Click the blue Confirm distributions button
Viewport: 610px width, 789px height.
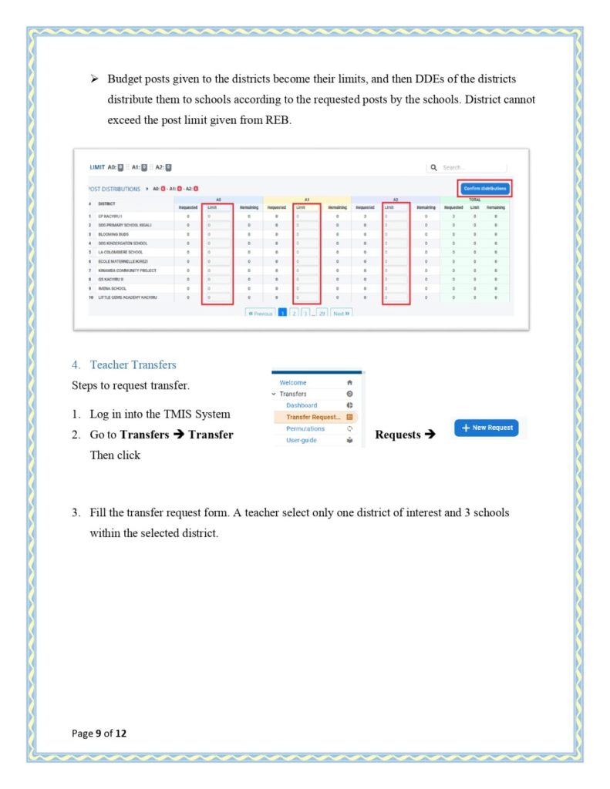click(485, 188)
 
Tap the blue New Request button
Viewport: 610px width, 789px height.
click(486, 428)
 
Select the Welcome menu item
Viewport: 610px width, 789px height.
click(293, 382)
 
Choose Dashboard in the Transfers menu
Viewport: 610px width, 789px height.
click(302, 405)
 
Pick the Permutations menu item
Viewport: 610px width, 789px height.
click(305, 428)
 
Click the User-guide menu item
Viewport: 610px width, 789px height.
click(302, 441)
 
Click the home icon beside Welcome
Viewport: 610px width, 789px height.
click(349, 382)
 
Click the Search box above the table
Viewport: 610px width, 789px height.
click(473, 167)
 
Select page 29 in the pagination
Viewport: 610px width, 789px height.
click(321, 314)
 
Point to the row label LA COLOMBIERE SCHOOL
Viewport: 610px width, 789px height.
click(121, 252)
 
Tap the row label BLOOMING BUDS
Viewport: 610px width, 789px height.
click(113, 233)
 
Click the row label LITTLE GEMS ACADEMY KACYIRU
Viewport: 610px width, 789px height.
click(130, 297)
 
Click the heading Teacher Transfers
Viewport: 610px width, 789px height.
click(133, 364)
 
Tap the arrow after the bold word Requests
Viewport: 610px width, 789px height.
click(430, 435)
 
